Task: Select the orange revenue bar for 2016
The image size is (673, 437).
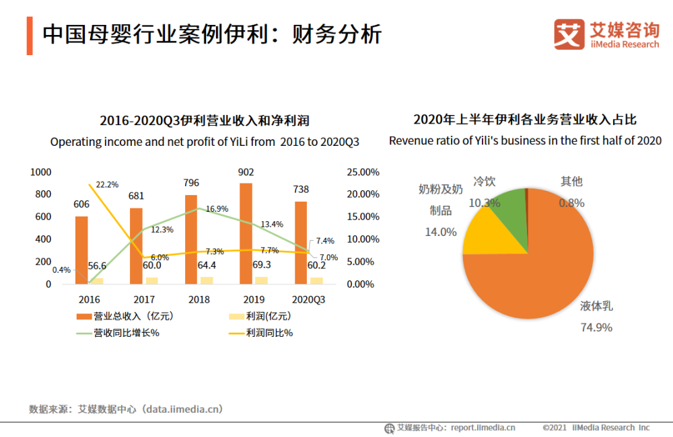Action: [x=81, y=249]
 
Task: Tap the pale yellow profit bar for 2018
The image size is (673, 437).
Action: [x=207, y=280]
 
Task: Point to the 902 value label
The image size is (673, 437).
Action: [x=246, y=171]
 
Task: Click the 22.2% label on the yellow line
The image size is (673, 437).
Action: [x=107, y=184]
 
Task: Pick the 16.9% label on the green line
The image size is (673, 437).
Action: [x=217, y=209]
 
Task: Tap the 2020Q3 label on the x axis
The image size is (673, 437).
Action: [x=308, y=299]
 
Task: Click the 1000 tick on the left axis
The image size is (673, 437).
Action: [x=41, y=172]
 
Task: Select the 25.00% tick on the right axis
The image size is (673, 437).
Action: [x=363, y=172]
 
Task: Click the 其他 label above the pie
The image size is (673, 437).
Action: [x=571, y=181]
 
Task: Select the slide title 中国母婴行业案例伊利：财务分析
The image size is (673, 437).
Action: [x=212, y=34]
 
